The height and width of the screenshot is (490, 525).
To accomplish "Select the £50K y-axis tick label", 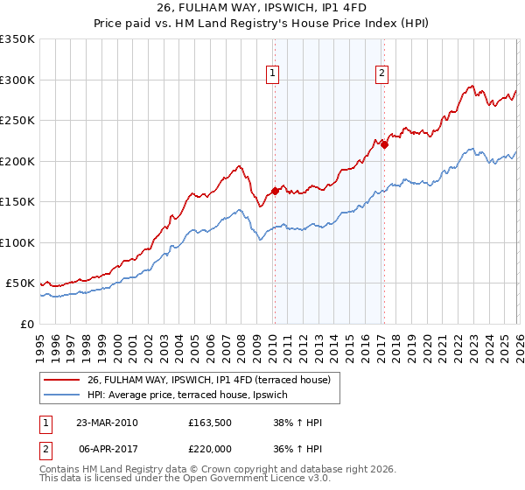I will (x=20, y=283).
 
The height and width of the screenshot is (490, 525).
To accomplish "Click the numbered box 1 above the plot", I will (x=274, y=74).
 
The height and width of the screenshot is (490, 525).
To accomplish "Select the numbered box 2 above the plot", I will (x=383, y=74).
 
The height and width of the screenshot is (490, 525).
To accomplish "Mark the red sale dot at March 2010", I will (x=275, y=190).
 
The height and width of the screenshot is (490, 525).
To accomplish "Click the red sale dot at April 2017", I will (x=384, y=144).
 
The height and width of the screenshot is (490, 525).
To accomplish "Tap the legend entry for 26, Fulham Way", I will (x=208, y=380).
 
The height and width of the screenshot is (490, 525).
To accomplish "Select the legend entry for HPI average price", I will (x=192, y=395).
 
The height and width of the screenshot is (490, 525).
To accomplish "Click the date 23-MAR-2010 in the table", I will (x=107, y=423).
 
